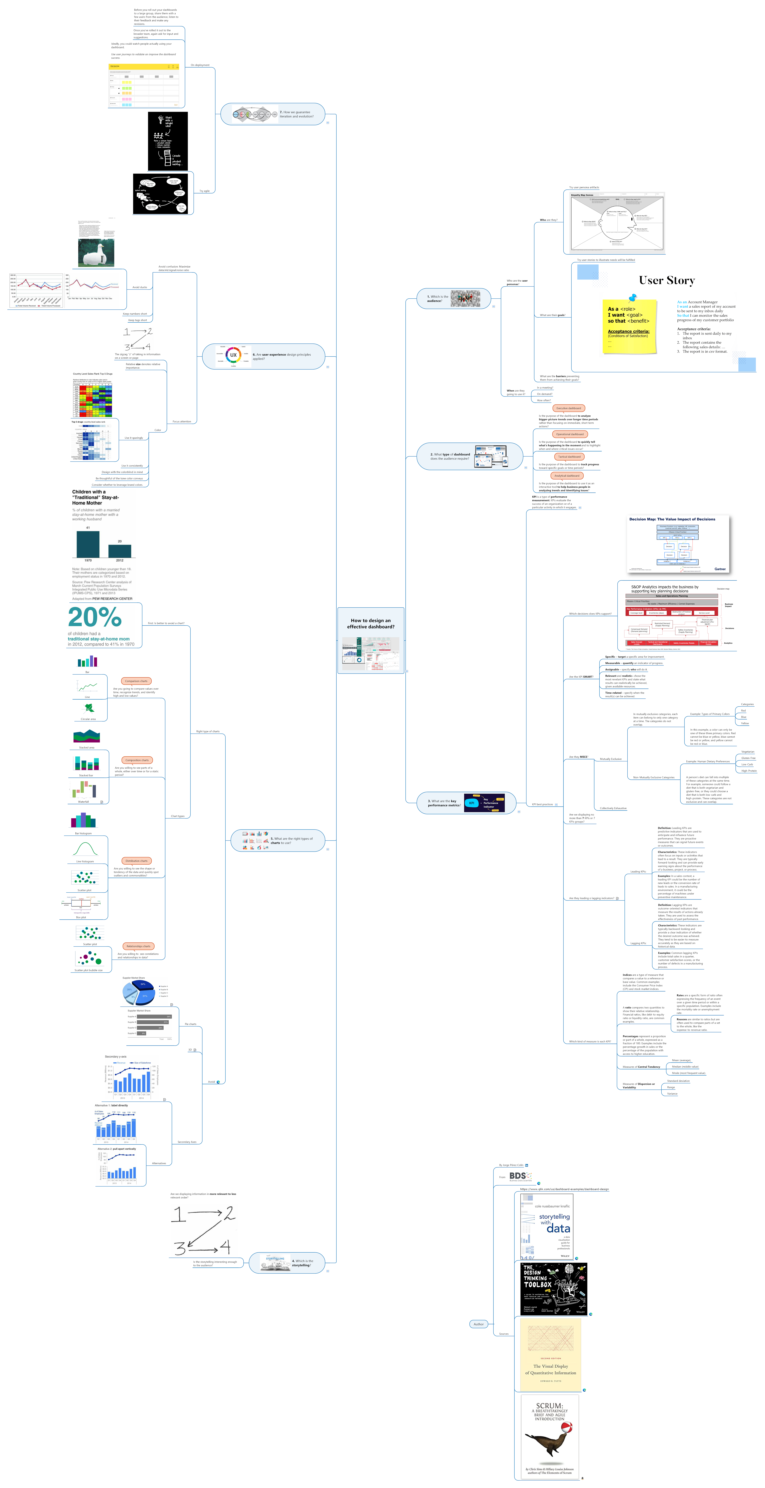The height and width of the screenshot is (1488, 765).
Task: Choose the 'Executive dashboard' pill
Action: (569, 408)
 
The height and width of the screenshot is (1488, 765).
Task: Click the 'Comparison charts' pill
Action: (136, 681)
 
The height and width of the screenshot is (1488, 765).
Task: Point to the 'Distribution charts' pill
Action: (136, 861)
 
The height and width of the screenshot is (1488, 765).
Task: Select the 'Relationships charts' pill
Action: (138, 946)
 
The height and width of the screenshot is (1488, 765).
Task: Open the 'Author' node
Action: (478, 1324)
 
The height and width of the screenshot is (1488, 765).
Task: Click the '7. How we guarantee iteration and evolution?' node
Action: (273, 114)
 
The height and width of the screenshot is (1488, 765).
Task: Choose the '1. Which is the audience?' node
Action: (454, 299)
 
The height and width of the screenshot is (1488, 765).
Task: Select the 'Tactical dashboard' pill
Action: (569, 456)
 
